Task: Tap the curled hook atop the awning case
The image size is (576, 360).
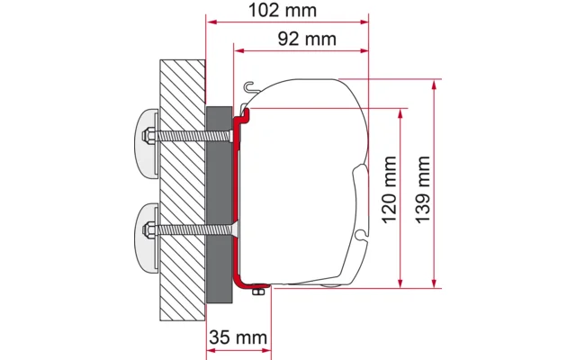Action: click(x=251, y=87)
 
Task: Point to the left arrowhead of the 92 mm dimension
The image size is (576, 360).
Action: click(x=238, y=51)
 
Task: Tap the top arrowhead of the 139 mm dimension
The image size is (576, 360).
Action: click(x=436, y=85)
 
